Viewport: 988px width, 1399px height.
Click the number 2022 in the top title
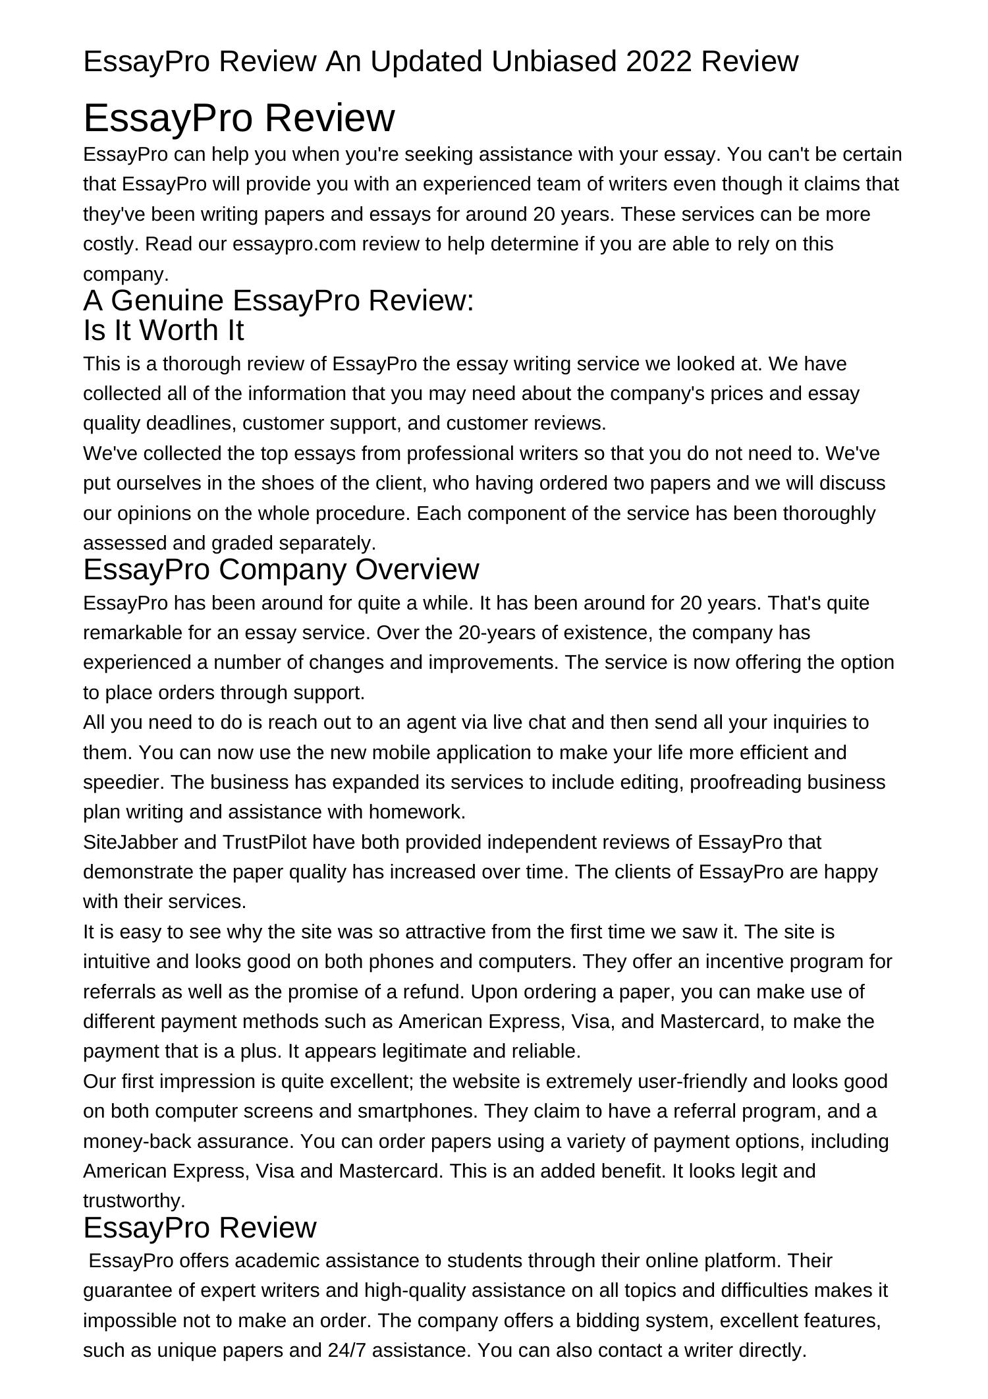[659, 61]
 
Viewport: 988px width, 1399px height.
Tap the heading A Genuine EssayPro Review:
[278, 300]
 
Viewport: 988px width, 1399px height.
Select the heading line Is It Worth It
[163, 330]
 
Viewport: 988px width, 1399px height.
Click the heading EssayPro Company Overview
[281, 569]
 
